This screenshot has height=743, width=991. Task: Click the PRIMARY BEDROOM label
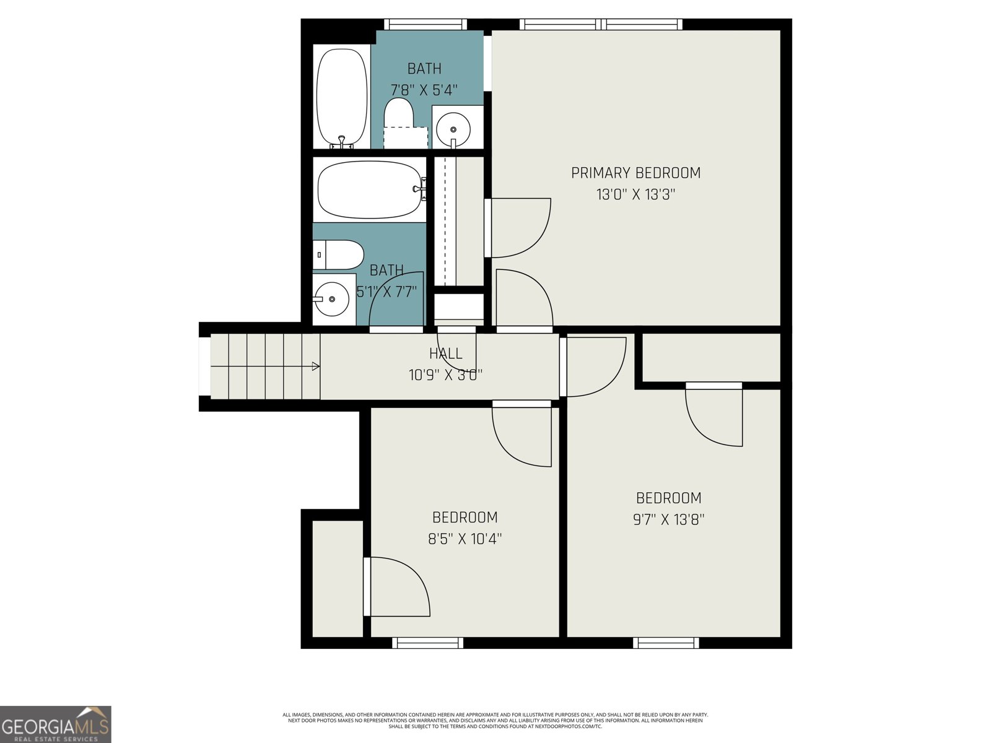pyautogui.click(x=635, y=173)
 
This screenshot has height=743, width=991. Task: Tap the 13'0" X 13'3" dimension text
pyautogui.click(x=635, y=194)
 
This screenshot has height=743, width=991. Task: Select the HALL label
pyautogui.click(x=445, y=354)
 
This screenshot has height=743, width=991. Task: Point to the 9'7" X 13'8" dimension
pyautogui.click(x=668, y=519)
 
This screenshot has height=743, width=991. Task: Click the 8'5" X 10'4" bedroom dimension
pyautogui.click(x=465, y=539)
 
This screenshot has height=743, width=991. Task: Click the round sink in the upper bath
pyautogui.click(x=453, y=129)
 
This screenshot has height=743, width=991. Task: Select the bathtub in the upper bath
pyautogui.click(x=341, y=97)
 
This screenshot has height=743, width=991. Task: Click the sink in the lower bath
pyautogui.click(x=332, y=299)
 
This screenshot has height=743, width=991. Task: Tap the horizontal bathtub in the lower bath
pyautogui.click(x=369, y=189)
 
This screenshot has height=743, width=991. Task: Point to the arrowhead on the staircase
pyautogui.click(x=316, y=367)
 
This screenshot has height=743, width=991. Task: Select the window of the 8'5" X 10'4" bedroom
pyautogui.click(x=427, y=643)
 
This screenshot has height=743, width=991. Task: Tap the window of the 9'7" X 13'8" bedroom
pyautogui.click(x=666, y=643)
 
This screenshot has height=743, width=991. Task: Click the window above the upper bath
pyautogui.click(x=425, y=24)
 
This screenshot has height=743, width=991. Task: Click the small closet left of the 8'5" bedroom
pyautogui.click(x=337, y=579)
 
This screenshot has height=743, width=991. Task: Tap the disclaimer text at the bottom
pyautogui.click(x=495, y=720)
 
